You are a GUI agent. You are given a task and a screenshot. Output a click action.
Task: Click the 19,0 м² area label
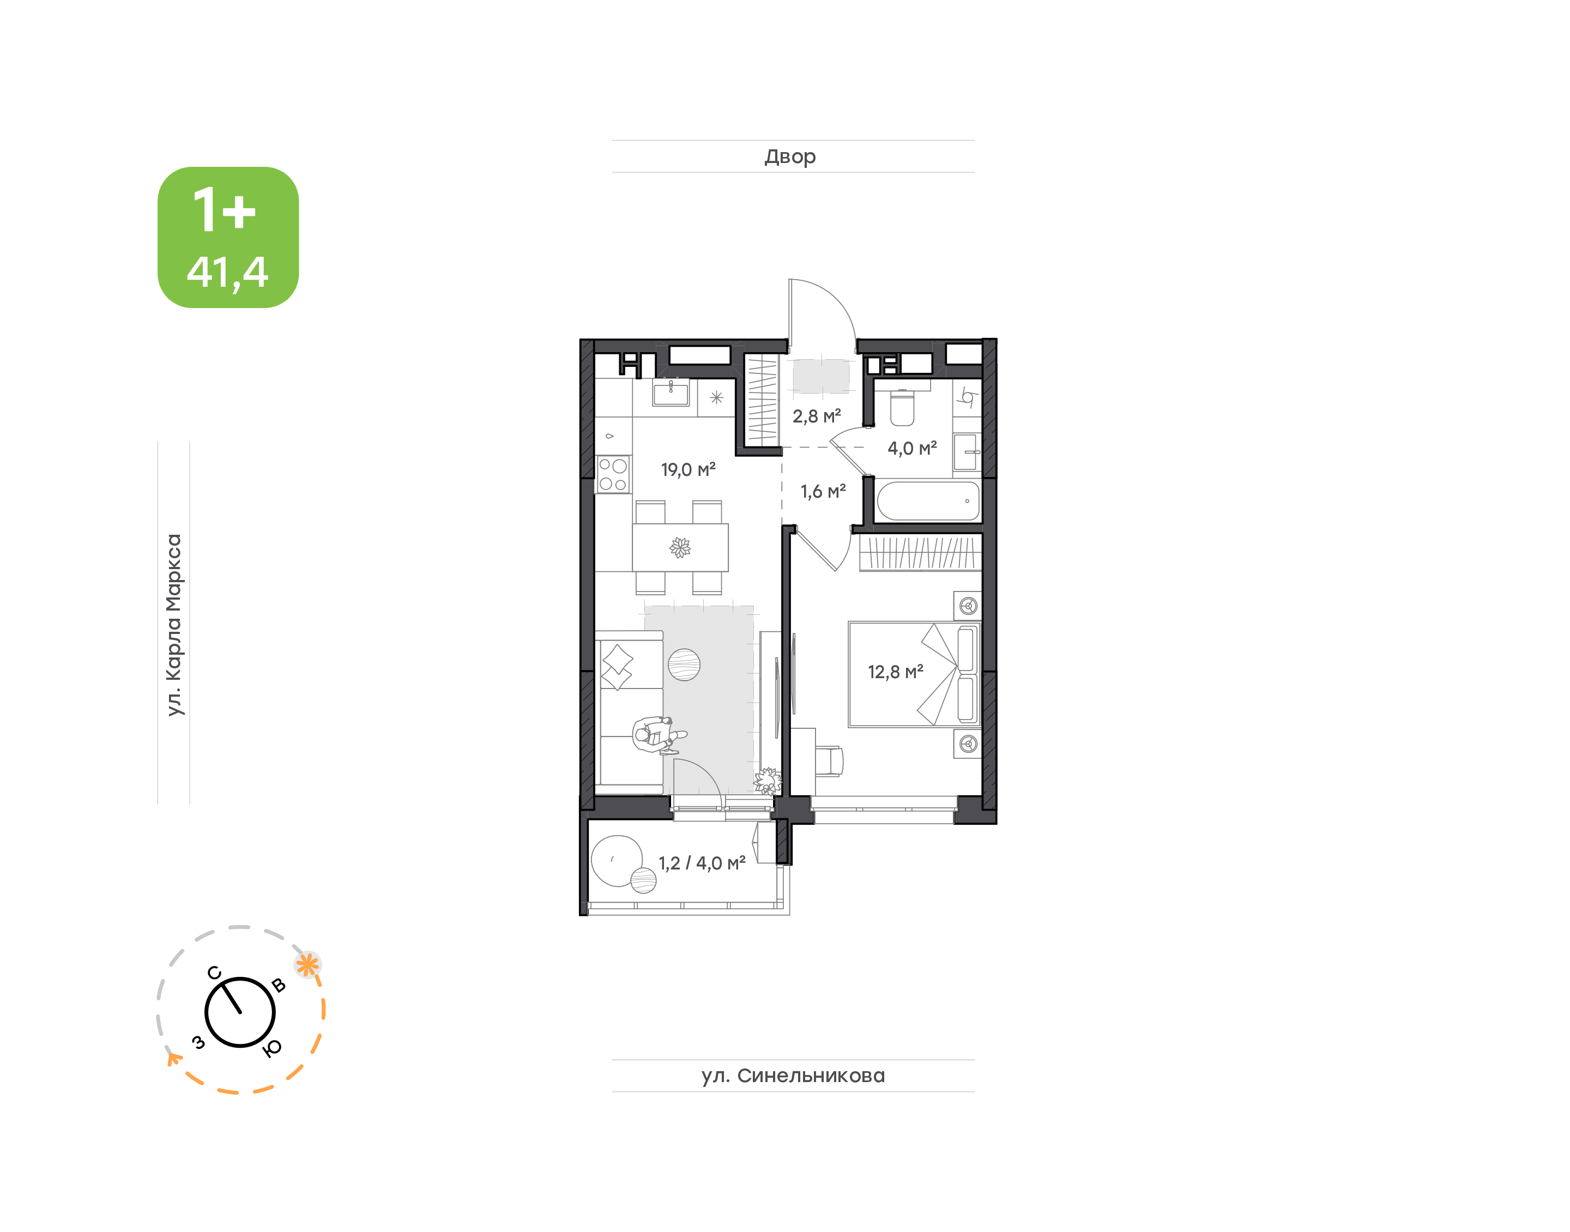coord(688,469)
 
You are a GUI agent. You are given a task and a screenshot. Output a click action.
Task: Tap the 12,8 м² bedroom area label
coord(895,672)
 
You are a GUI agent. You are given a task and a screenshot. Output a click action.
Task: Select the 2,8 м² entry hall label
coord(817,416)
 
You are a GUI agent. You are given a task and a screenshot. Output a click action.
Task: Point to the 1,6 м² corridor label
coord(823,492)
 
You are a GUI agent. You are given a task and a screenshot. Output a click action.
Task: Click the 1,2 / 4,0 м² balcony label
coord(702,863)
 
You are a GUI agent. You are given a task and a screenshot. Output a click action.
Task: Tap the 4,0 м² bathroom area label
coord(911,448)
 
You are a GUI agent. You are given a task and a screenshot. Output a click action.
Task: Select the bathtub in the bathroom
coord(927,500)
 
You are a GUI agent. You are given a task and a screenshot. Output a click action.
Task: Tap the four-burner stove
coord(613,475)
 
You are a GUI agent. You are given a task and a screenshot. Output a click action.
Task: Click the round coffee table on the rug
coord(684,665)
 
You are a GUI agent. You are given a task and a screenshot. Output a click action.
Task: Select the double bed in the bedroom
coord(914,674)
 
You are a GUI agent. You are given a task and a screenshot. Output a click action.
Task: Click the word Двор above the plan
coord(790,156)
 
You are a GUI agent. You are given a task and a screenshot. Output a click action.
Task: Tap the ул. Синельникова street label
coord(793,1076)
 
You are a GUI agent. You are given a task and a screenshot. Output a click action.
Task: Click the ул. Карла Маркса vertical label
coord(174,625)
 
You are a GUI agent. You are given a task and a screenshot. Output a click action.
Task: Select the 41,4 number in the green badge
coord(228,273)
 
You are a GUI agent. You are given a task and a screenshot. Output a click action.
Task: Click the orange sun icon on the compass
coord(308,965)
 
